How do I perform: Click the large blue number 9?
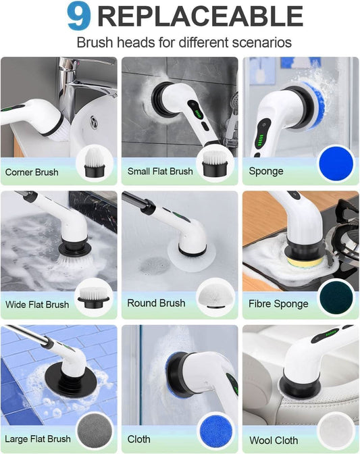[78, 17]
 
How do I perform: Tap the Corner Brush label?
[32, 172]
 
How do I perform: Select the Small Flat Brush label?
[160, 172]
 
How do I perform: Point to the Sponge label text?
[266, 172]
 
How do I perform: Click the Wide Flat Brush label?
[37, 305]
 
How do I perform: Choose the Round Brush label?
[156, 303]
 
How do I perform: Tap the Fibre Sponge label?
[278, 304]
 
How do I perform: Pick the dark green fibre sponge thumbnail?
[335, 298]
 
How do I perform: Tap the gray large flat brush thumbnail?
[96, 430]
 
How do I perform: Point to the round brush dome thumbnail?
[215, 297]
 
